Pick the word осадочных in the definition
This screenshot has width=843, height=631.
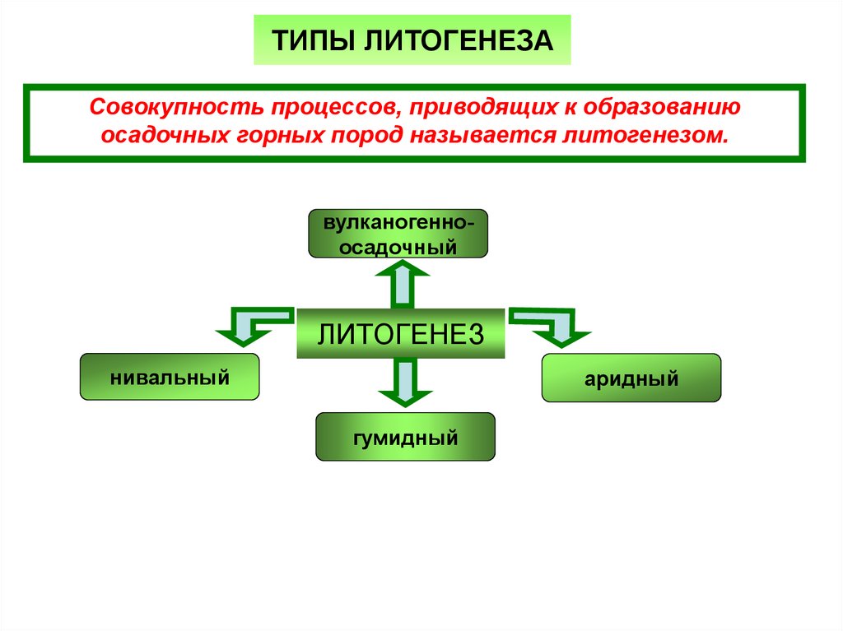(x=162, y=135)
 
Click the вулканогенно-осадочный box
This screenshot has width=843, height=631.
(x=398, y=234)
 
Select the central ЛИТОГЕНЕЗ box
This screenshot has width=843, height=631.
(x=400, y=334)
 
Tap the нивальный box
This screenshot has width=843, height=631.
(x=170, y=378)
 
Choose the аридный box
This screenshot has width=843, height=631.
(x=631, y=378)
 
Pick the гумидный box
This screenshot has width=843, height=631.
(x=405, y=437)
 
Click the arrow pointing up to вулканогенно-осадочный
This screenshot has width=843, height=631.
(x=402, y=285)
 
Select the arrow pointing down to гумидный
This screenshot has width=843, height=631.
(x=402, y=383)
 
